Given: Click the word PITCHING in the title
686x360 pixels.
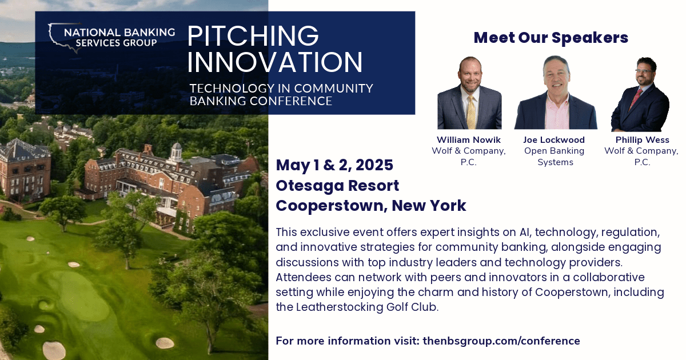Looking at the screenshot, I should point(253,35).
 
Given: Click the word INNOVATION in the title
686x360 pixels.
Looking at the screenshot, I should point(274,62).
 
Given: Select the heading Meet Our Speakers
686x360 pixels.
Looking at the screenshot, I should point(551,38).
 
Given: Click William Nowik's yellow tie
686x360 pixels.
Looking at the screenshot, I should point(470,111).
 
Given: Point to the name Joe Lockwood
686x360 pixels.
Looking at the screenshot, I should point(553,140).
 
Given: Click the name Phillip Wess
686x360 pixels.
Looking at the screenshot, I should point(642,140).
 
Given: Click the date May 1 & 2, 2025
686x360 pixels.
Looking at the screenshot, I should point(334,166).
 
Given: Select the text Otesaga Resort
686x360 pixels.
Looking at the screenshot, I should point(337,186).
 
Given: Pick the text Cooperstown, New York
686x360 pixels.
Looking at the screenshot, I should point(370,206).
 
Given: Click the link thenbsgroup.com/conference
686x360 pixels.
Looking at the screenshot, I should point(501,341).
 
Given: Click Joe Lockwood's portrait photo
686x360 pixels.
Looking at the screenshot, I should point(555,94).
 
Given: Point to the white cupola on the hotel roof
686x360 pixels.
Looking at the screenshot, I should point(177,150).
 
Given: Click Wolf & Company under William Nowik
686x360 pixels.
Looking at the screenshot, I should point(468,151).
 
